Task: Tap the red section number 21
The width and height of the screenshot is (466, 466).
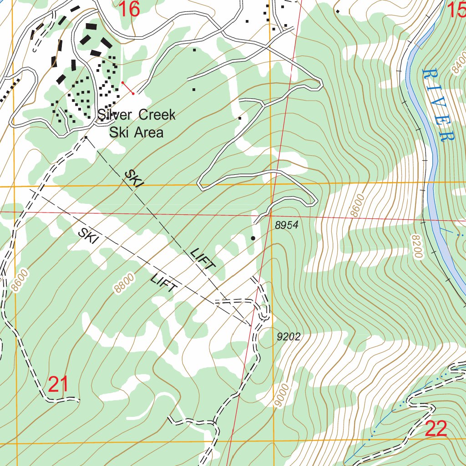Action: pyautogui.click(x=58, y=385)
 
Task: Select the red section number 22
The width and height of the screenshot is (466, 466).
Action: pyautogui.click(x=436, y=429)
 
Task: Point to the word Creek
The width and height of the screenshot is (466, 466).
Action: pyautogui.click(x=157, y=115)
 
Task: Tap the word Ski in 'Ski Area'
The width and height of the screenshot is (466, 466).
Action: pyautogui.click(x=119, y=132)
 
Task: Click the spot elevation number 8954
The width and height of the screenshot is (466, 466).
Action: pyautogui.click(x=286, y=225)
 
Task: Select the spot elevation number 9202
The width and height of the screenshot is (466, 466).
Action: pyautogui.click(x=289, y=337)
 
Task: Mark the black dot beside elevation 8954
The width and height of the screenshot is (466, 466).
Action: pyautogui.click(x=253, y=238)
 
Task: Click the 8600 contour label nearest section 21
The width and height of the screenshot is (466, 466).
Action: pyautogui.click(x=20, y=280)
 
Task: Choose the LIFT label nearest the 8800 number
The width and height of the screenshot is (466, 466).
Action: pyautogui.click(x=164, y=283)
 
